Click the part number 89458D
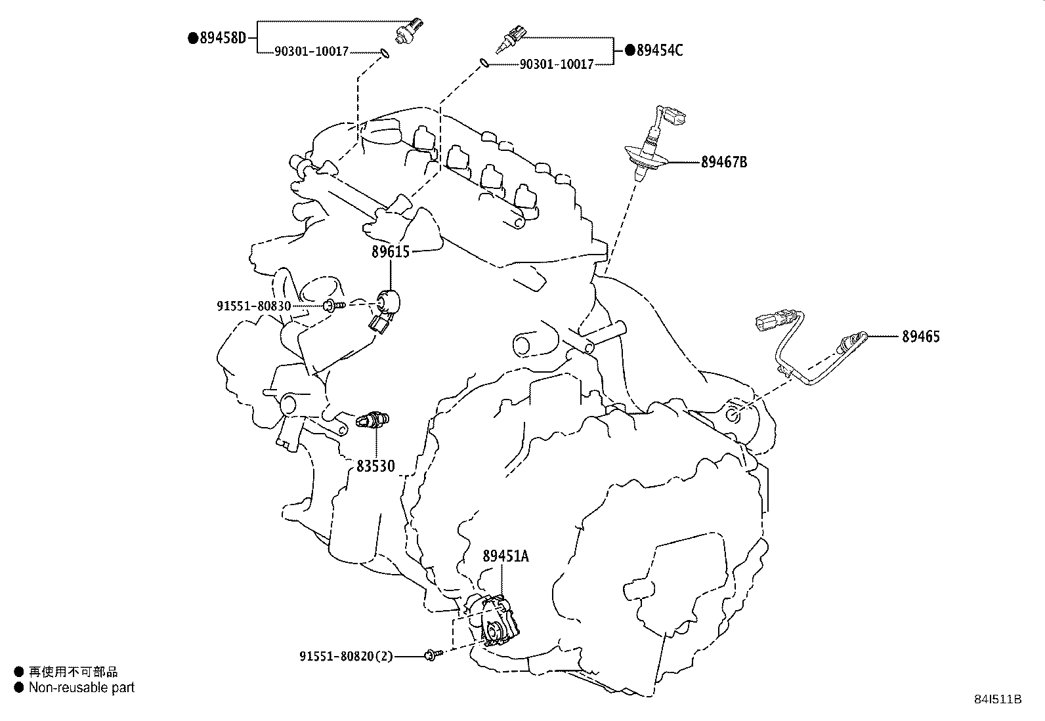(x=223, y=38)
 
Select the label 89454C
(x=660, y=50)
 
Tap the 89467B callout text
(x=724, y=162)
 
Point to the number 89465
(x=921, y=337)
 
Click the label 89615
(x=391, y=252)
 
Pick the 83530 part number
(x=375, y=466)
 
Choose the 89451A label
(x=505, y=556)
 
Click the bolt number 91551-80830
(x=254, y=306)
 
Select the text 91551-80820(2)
(x=346, y=656)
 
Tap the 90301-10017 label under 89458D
(x=312, y=51)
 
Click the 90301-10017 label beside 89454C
(x=557, y=64)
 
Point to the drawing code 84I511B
(x=998, y=699)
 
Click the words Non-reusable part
(x=81, y=688)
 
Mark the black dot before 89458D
(x=193, y=38)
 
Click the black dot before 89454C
(x=630, y=50)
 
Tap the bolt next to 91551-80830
(x=333, y=306)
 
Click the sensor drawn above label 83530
(x=372, y=420)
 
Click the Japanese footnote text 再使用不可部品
(x=74, y=672)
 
